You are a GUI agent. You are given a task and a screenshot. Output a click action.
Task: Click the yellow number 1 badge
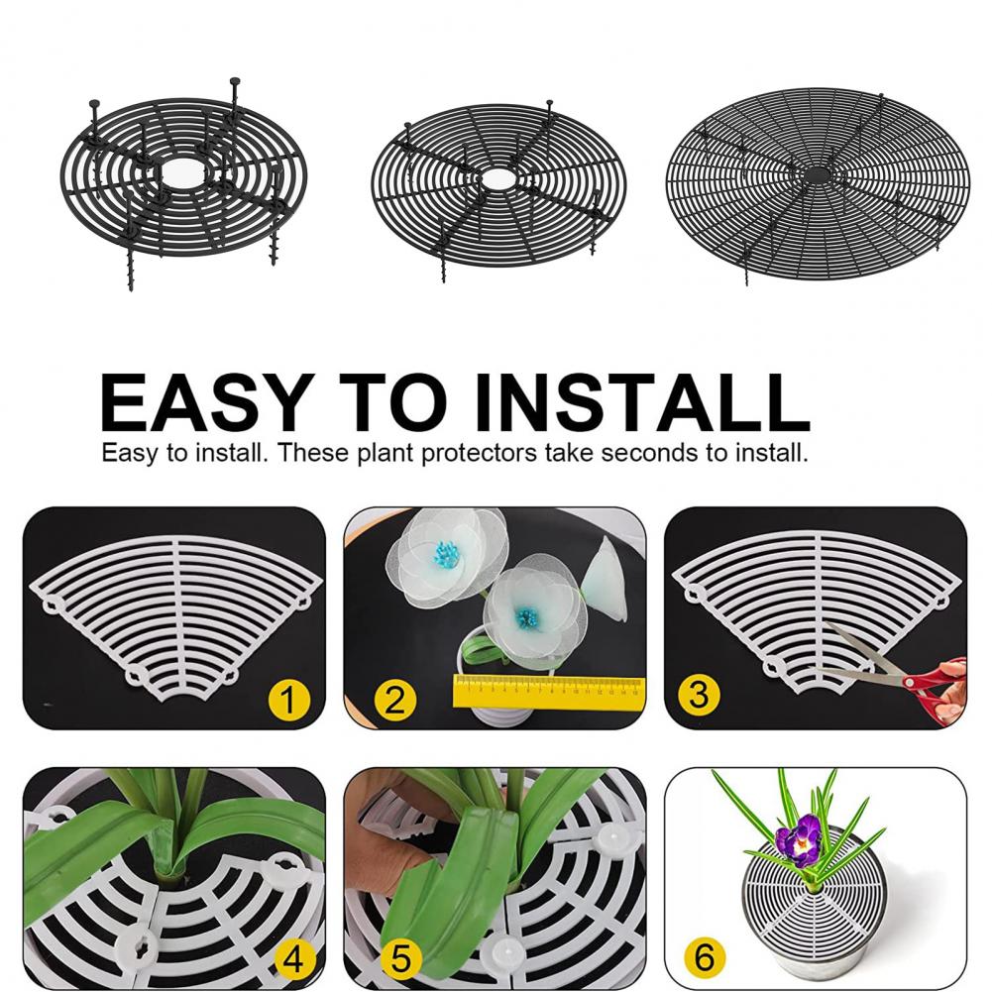click(x=288, y=703)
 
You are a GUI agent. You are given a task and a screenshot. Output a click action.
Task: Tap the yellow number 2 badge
click(x=394, y=702)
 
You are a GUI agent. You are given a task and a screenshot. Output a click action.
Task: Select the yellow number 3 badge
click(x=700, y=695)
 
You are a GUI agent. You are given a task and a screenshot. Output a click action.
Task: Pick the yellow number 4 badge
click(x=293, y=958)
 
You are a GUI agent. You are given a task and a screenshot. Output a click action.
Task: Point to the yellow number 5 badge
click(x=401, y=959)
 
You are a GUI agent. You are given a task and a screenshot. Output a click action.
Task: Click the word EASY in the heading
click(x=204, y=400)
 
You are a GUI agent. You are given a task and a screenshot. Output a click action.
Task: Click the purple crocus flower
click(x=799, y=839)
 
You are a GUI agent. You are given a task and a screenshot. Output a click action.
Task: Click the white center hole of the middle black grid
click(x=498, y=179)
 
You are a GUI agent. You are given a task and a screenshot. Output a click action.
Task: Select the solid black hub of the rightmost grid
click(x=819, y=173)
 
